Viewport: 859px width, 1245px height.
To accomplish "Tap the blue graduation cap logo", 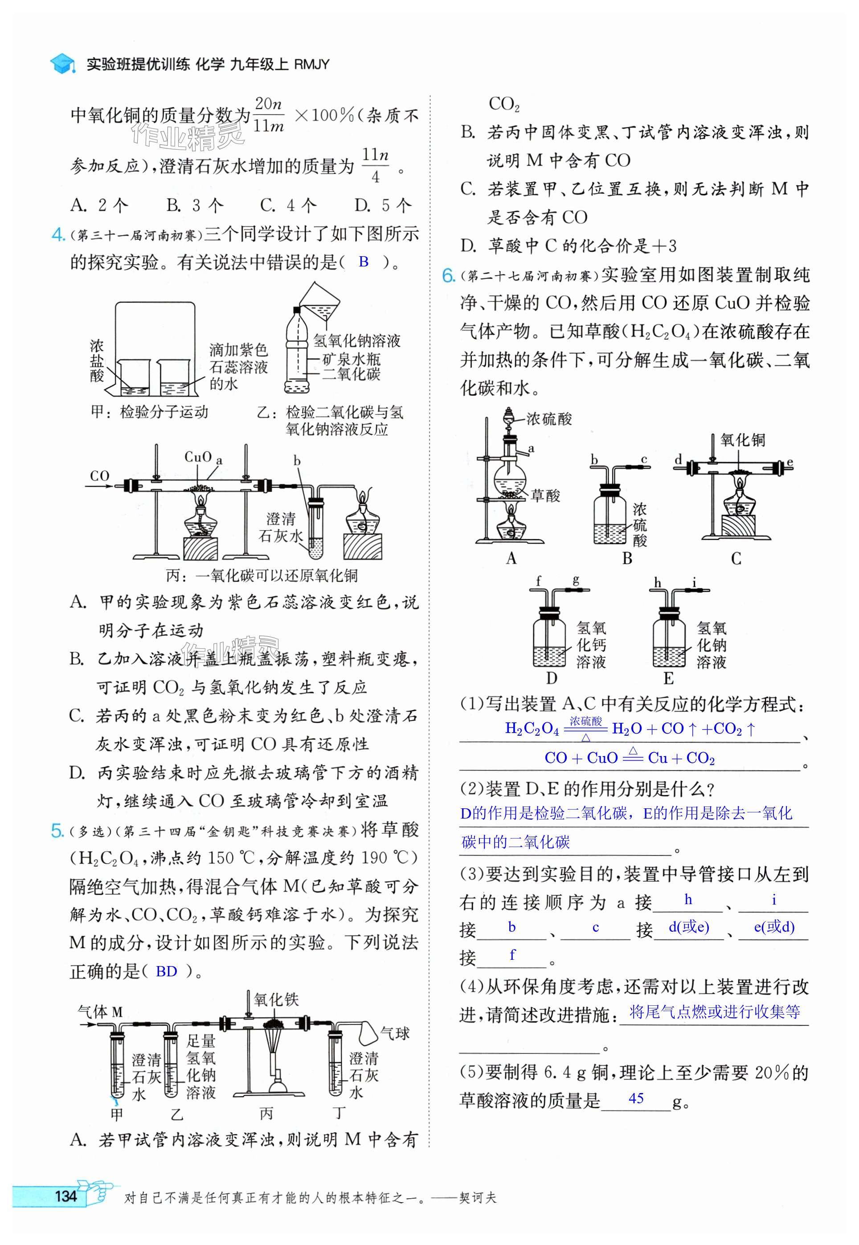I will (x=62, y=64).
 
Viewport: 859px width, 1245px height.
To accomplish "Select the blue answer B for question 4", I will (x=364, y=262).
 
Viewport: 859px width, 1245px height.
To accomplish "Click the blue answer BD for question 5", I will (x=166, y=971).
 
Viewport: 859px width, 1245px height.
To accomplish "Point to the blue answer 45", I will (x=636, y=1098).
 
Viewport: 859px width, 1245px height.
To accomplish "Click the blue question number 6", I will (x=448, y=275).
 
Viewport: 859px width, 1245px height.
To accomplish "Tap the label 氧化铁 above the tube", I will (x=276, y=999).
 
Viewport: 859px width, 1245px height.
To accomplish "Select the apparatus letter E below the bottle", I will (x=668, y=678).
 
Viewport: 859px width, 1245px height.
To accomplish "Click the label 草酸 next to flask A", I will (x=545, y=495).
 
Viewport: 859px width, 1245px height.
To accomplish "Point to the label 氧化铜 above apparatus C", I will (x=743, y=440).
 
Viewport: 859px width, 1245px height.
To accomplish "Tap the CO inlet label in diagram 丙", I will (x=99, y=476).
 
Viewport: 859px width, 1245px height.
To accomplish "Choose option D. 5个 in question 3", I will (x=383, y=205).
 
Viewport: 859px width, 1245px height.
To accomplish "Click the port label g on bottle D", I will (x=576, y=580).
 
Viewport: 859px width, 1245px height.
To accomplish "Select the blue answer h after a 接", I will (x=688, y=899).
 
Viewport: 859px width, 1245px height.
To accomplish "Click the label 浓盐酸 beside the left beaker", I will (x=97, y=360).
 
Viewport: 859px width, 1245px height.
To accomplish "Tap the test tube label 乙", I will (x=176, y=1114).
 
